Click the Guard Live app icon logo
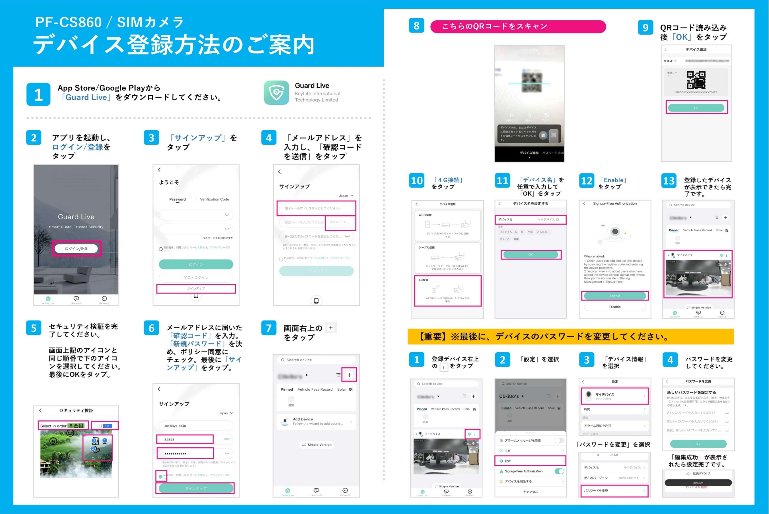(276, 93)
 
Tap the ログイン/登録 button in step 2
(76, 248)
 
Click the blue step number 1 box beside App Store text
(38, 94)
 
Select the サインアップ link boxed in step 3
(196, 289)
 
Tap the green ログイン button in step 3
(196, 264)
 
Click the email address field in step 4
(316, 208)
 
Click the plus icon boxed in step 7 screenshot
(349, 375)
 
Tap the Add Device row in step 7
(316, 421)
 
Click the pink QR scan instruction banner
(518, 26)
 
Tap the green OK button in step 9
(696, 108)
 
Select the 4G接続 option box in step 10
(447, 291)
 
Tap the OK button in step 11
(530, 254)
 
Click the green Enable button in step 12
(614, 296)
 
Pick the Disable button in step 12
(614, 307)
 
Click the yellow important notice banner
(570, 336)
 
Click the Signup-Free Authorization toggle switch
(559, 471)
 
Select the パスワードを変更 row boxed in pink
(614, 490)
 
